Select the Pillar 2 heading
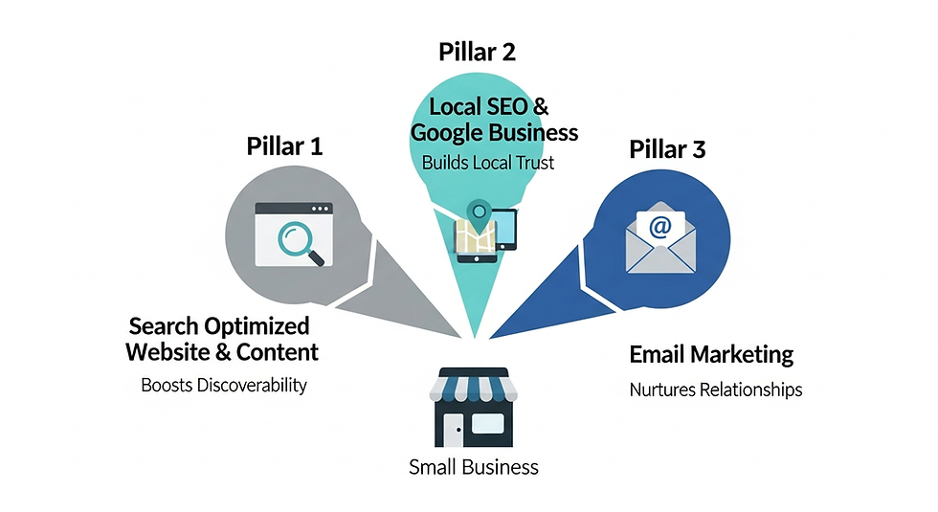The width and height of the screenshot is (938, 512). (x=477, y=52)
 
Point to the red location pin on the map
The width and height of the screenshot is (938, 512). (x=477, y=212)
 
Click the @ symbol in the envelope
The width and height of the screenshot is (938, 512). (x=659, y=227)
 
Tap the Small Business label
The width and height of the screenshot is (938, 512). (x=473, y=467)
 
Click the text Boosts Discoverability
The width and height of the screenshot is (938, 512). (x=224, y=386)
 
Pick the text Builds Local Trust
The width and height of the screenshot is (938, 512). (x=488, y=163)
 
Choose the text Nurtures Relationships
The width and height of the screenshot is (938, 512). (x=715, y=390)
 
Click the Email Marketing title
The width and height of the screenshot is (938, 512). (x=711, y=354)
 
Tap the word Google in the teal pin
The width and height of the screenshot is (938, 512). (x=446, y=132)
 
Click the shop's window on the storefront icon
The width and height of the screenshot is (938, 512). (x=488, y=424)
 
